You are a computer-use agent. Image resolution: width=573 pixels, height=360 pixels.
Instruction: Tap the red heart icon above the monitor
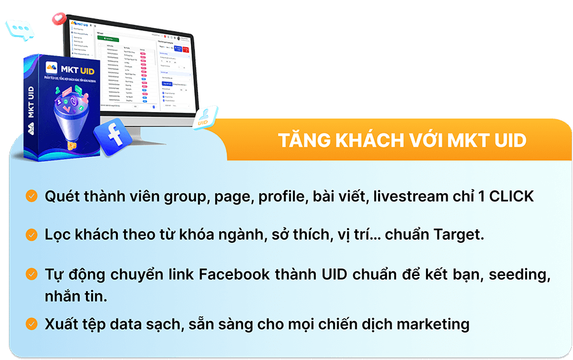tap(59, 18)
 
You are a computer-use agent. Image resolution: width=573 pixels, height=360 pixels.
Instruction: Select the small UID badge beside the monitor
tap(204, 117)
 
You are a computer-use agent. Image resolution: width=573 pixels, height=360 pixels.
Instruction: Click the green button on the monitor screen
tap(108, 40)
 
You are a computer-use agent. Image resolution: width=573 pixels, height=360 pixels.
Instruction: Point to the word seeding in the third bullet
tap(518, 275)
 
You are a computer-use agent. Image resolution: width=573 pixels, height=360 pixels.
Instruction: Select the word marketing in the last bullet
tap(433, 324)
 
